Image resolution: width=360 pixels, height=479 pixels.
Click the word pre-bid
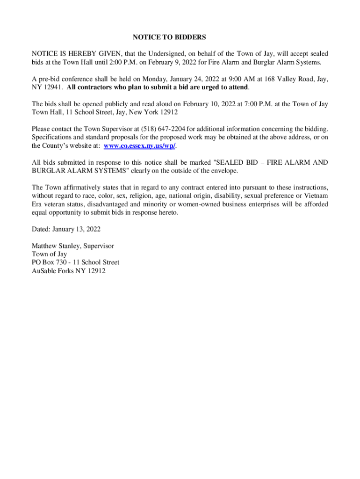47,79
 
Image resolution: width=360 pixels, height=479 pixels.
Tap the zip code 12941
52,87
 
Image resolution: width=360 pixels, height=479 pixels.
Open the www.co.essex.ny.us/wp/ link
139,145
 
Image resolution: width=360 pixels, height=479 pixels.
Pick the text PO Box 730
47,262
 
